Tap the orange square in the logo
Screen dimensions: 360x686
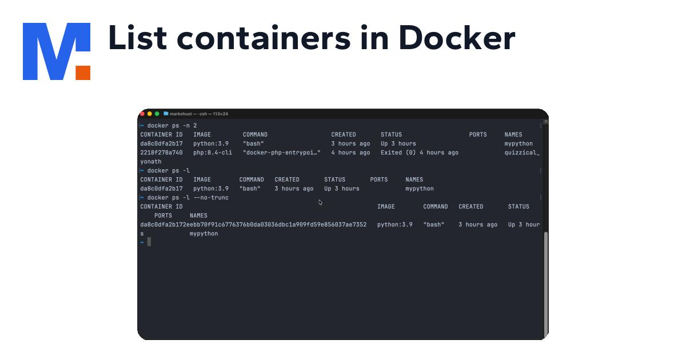(83, 73)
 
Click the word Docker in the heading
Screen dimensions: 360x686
(457, 38)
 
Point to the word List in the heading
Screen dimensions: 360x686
(137, 38)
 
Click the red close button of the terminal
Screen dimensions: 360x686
(142, 114)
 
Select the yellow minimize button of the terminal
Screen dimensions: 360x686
(150, 114)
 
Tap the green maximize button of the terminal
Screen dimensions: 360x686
(157, 114)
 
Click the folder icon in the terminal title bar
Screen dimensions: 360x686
(166, 114)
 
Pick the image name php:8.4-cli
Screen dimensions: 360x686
(213, 153)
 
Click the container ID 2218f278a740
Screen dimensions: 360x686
(161, 153)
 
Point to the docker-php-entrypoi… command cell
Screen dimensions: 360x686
(281, 153)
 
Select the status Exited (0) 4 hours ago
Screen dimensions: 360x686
(419, 153)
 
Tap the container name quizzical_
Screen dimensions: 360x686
(521, 153)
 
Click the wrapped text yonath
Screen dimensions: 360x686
(151, 162)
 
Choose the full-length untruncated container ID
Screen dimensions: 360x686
(253, 225)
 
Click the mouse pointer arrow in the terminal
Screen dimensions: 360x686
(320, 202)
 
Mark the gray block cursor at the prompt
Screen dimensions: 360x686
(149, 242)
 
